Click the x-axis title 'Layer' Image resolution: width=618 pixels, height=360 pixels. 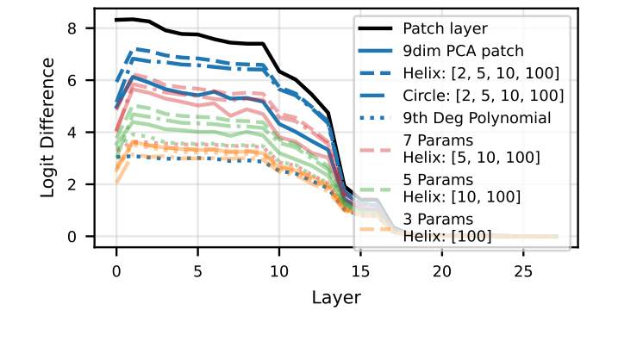(x=336, y=297)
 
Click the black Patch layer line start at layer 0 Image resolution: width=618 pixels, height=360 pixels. (x=116, y=20)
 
